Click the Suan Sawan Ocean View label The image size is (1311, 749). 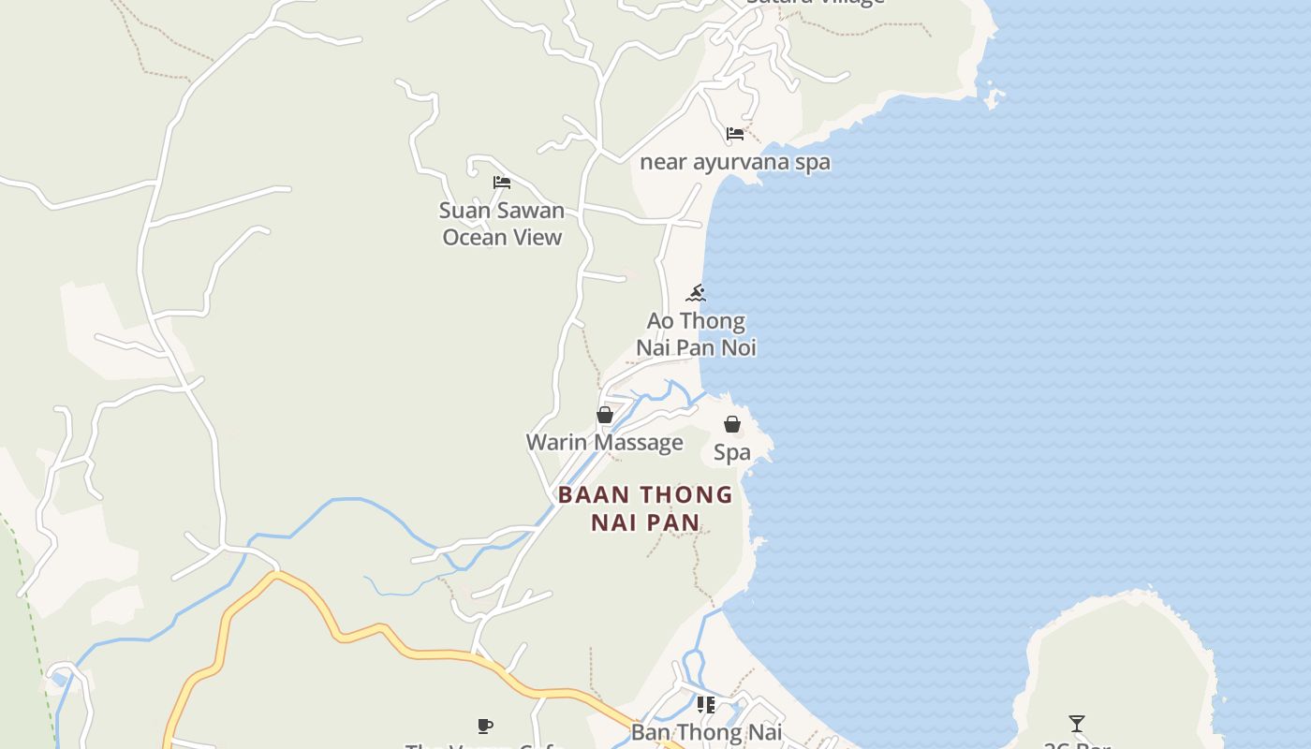click(x=502, y=224)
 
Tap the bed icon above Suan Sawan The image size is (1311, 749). click(x=502, y=182)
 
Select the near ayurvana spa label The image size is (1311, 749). click(x=734, y=162)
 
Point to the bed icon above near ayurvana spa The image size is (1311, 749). click(x=735, y=134)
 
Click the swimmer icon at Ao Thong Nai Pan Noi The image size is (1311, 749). click(x=696, y=293)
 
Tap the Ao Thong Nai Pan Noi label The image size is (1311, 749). click(x=696, y=334)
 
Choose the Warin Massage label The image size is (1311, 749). click(x=604, y=442)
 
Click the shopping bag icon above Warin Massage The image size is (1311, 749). click(x=605, y=414)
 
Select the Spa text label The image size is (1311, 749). click(x=732, y=452)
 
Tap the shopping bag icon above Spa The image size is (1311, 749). click(x=732, y=424)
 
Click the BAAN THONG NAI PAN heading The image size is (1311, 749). click(x=645, y=507)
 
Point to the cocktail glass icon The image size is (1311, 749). click(x=1077, y=724)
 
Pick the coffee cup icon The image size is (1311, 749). click(x=485, y=726)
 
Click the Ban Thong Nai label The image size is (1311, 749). click(x=706, y=732)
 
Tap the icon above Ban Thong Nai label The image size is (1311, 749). click(x=705, y=705)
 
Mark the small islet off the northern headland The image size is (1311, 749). click(x=994, y=95)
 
